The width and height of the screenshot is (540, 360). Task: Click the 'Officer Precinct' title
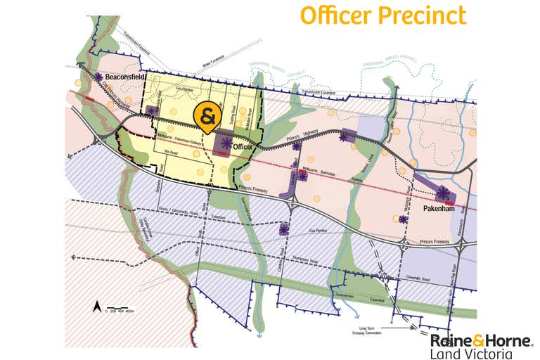tap(383, 15)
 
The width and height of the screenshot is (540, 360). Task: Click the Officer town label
tap(243, 146)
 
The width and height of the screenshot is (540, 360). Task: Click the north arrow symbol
tap(96, 306)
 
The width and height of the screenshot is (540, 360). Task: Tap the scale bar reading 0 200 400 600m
tap(122, 310)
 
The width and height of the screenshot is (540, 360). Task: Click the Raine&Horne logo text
tap(481, 341)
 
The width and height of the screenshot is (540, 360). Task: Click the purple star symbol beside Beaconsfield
tap(100, 78)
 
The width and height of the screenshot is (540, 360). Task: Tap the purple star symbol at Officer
tap(226, 144)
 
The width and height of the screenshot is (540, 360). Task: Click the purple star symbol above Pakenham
tap(443, 193)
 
